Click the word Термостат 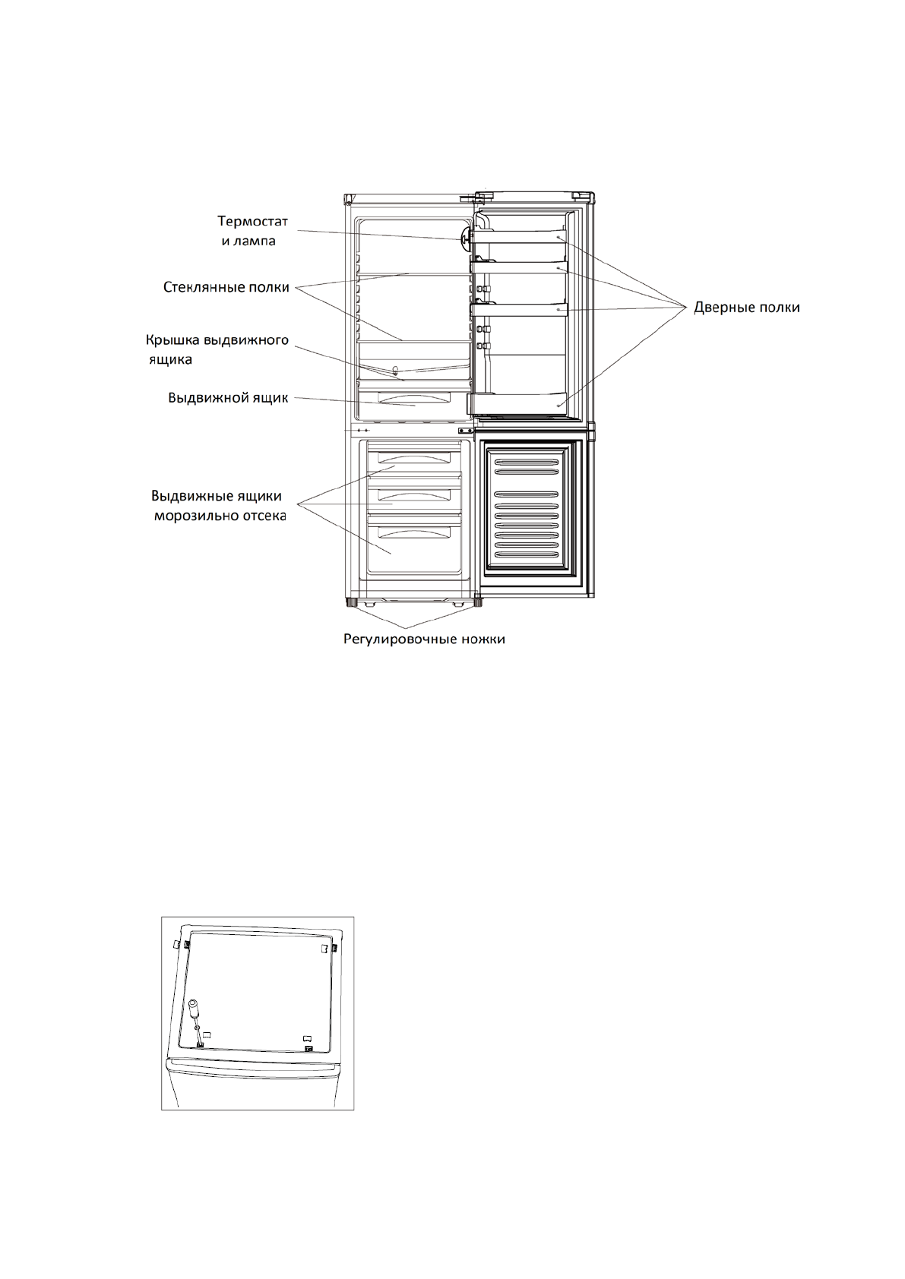(x=253, y=222)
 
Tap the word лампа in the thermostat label (x=256, y=242)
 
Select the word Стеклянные (x=204, y=288)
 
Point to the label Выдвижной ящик (x=227, y=399)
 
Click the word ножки (x=483, y=639)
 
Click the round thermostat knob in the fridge (x=463, y=237)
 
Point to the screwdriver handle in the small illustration (x=194, y=1009)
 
